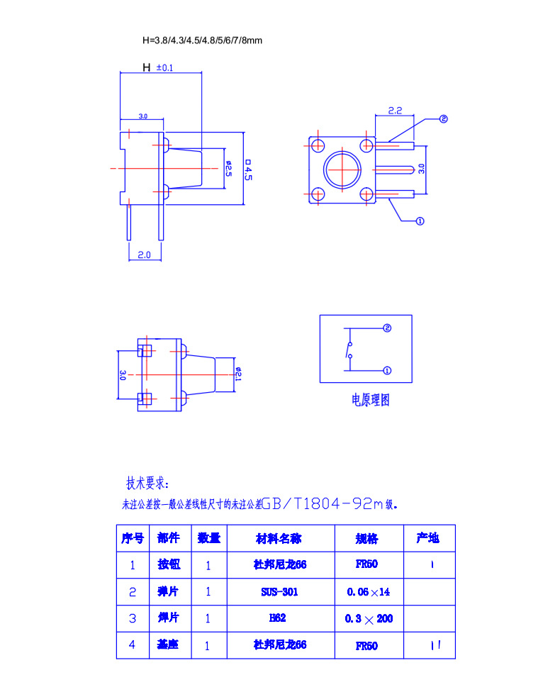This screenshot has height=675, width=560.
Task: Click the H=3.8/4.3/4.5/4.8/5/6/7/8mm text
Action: point(202,40)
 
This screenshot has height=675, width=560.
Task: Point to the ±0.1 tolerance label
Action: point(164,68)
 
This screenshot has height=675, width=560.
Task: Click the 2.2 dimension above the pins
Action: point(395,111)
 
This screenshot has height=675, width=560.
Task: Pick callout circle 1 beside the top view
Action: point(419,221)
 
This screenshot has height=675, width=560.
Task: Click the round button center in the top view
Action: point(342,170)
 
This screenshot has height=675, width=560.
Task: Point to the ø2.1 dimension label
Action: point(238,374)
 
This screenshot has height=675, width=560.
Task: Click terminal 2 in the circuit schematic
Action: point(387,328)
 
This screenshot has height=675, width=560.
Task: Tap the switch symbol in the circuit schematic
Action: point(347,350)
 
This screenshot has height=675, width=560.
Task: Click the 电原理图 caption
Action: point(370,400)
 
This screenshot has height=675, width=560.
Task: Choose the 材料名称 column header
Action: point(279,538)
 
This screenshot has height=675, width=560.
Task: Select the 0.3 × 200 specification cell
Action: point(369,619)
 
